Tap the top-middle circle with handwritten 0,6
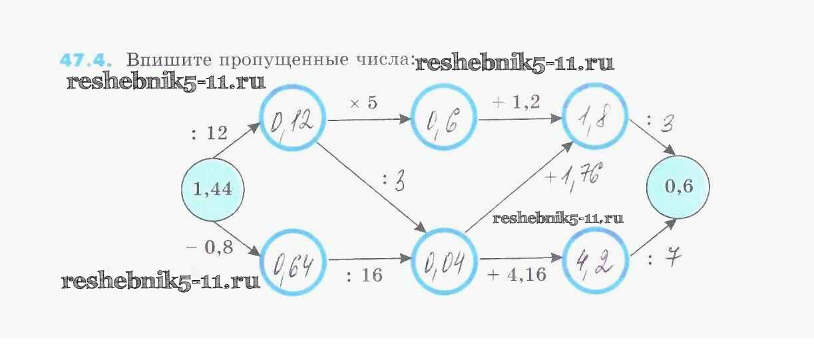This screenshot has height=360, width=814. pos(444,121)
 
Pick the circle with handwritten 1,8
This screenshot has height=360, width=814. pos(595,120)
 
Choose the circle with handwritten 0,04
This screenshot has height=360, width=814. pos(444,262)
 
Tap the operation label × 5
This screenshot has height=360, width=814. pos(363,103)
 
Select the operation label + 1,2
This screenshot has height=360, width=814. pos(516,102)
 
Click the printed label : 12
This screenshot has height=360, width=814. pos(209,134)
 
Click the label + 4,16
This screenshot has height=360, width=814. pos(517,274)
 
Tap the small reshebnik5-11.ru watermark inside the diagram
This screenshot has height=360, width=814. pos(558,218)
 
